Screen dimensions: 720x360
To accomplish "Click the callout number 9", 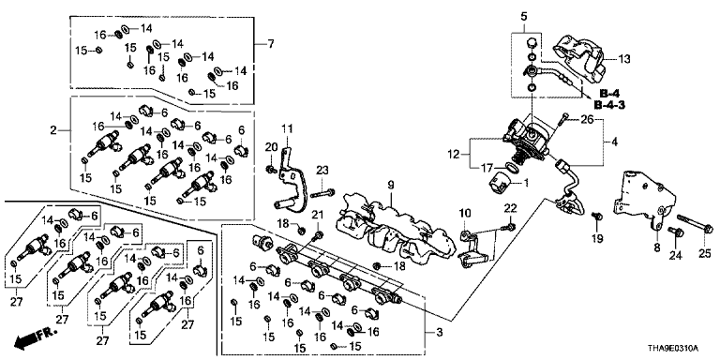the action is [x=391, y=186].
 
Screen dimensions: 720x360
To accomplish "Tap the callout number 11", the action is [x=287, y=129].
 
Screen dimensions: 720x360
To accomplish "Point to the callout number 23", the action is [x=322, y=171].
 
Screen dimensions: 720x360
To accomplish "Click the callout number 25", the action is [x=704, y=252].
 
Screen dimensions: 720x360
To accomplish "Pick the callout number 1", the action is [x=526, y=183].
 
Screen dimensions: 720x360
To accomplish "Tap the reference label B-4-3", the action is [x=609, y=105].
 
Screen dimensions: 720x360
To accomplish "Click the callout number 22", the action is [x=511, y=208].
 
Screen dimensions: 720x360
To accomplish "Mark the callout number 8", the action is [x=657, y=248].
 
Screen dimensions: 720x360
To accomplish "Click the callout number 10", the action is [x=465, y=213].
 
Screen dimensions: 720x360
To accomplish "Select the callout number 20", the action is [x=271, y=147].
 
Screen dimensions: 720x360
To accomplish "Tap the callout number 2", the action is [x=53, y=131].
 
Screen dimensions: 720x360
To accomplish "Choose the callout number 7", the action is [x=270, y=44].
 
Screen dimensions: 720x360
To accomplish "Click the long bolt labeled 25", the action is [x=696, y=226].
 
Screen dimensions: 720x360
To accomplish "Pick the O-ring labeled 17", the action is [x=513, y=168].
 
